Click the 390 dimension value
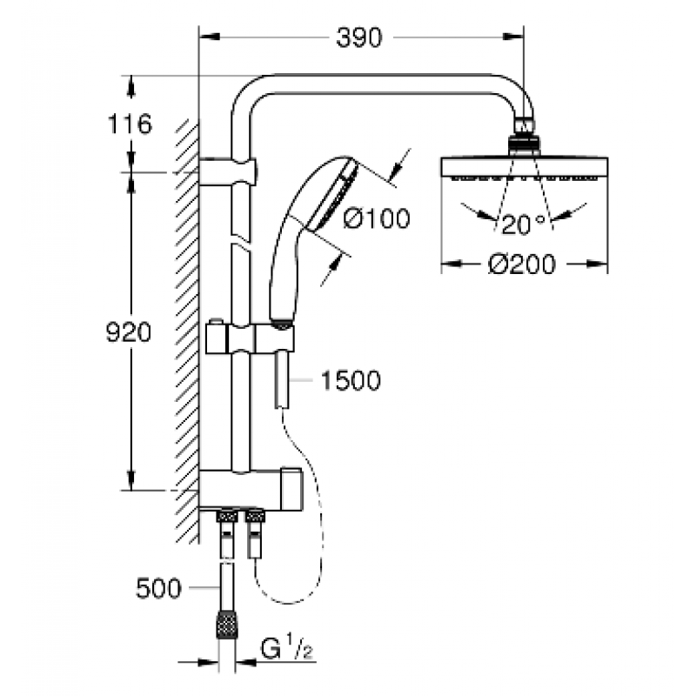[358, 37]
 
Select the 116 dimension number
[130, 124]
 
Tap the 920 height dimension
[129, 332]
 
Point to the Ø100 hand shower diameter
[377, 218]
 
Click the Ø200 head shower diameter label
[521, 264]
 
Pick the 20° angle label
[523, 224]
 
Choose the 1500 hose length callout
[351, 380]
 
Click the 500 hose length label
[158, 589]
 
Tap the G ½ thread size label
[287, 648]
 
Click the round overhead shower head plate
[525, 168]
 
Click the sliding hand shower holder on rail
[250, 338]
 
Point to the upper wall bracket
[228, 171]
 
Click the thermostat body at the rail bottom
[251, 487]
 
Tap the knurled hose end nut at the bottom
[227, 625]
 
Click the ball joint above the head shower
[524, 136]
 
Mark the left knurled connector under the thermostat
[227, 516]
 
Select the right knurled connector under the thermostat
[255, 516]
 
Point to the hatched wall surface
[187, 331]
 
